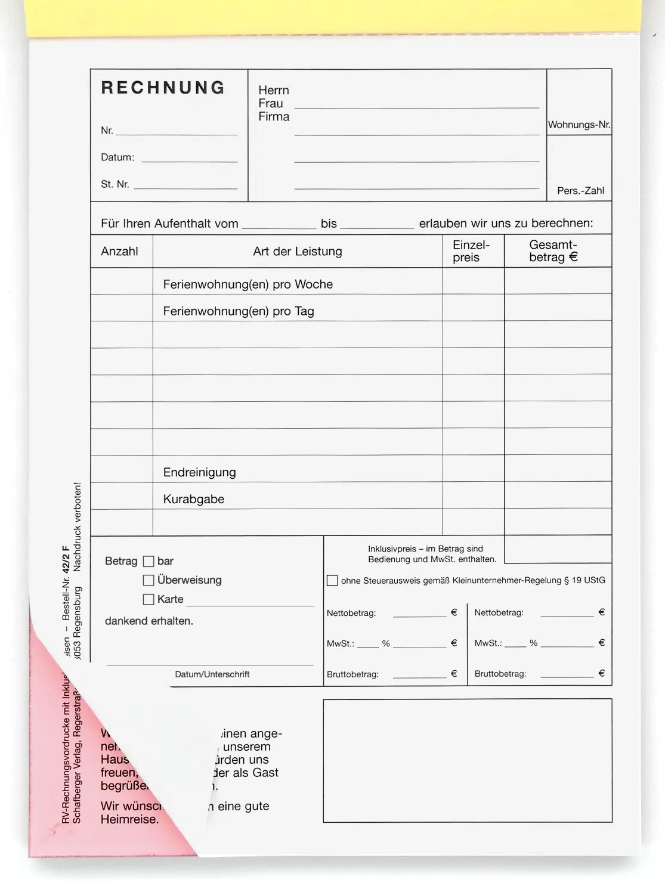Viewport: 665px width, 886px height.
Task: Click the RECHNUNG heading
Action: [163, 88]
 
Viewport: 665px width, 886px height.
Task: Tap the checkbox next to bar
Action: [149, 561]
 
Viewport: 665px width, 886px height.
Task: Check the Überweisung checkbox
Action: [149, 580]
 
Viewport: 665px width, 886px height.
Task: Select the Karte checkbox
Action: [149, 599]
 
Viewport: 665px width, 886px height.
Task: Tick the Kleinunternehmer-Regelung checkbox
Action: [332, 580]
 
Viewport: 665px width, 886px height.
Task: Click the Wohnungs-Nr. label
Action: [579, 125]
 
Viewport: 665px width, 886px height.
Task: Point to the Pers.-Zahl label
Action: [580, 191]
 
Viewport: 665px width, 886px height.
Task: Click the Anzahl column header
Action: [119, 251]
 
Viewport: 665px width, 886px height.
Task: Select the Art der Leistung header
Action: [297, 251]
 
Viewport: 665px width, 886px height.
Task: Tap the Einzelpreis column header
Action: [471, 251]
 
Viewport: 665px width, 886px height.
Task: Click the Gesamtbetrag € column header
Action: [553, 251]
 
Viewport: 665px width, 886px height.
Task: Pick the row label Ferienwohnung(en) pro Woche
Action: [248, 284]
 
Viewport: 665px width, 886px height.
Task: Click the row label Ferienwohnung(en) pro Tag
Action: [238, 311]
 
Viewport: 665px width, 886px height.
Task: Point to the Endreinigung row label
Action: [199, 472]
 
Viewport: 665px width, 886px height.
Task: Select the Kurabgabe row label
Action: [193, 499]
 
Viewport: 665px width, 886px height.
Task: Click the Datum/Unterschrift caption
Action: [212, 674]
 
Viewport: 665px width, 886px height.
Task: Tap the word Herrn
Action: [273, 90]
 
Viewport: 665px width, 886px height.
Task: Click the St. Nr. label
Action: [115, 184]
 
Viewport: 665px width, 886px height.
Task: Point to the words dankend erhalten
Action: [149, 621]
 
